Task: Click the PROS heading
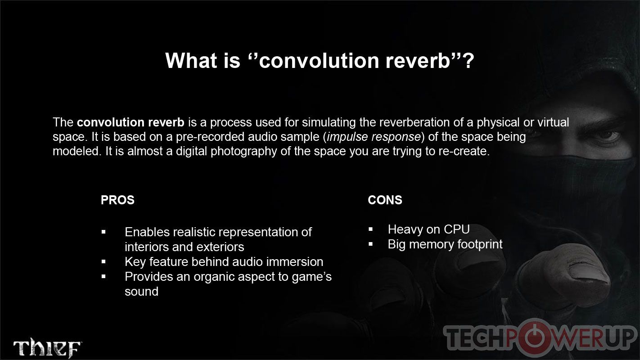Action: [117, 200]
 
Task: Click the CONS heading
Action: [385, 200]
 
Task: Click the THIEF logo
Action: [47, 347]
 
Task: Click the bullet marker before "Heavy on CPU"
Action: [370, 229]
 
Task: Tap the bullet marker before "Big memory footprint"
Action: [370, 244]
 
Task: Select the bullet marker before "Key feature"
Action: [104, 261]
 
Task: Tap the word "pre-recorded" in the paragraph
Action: [210, 137]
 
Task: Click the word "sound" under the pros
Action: [141, 292]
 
